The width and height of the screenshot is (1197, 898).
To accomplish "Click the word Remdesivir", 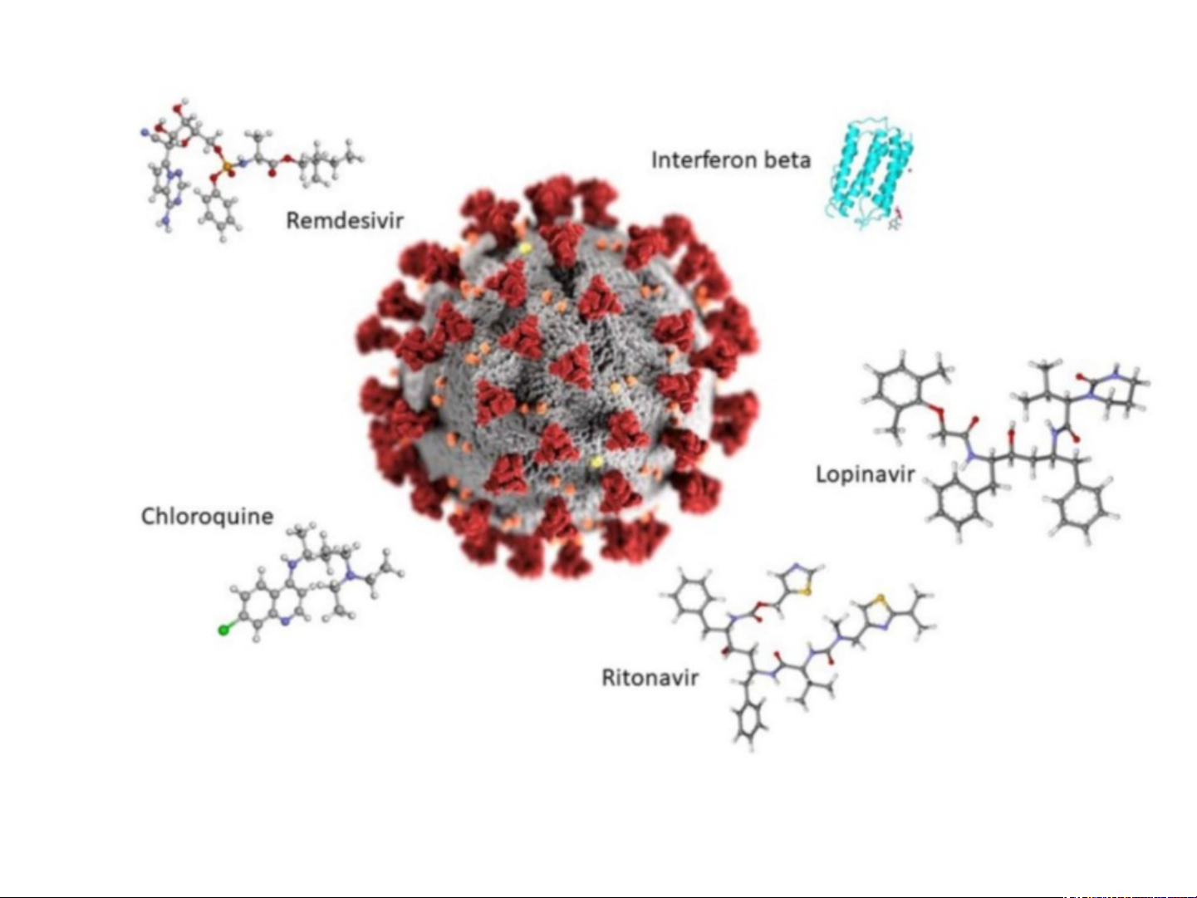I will (x=344, y=220).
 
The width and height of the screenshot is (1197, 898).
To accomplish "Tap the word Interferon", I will (x=704, y=159).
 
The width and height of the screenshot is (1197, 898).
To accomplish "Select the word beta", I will (x=787, y=159).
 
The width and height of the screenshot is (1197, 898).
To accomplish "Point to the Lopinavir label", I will (x=865, y=474).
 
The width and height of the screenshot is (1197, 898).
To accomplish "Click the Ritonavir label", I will (x=650, y=678).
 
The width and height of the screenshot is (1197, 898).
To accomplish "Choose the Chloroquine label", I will (x=207, y=516).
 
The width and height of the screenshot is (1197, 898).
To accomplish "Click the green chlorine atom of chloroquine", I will (x=223, y=630).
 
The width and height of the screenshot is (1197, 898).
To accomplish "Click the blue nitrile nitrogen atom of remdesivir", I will (x=145, y=131).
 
